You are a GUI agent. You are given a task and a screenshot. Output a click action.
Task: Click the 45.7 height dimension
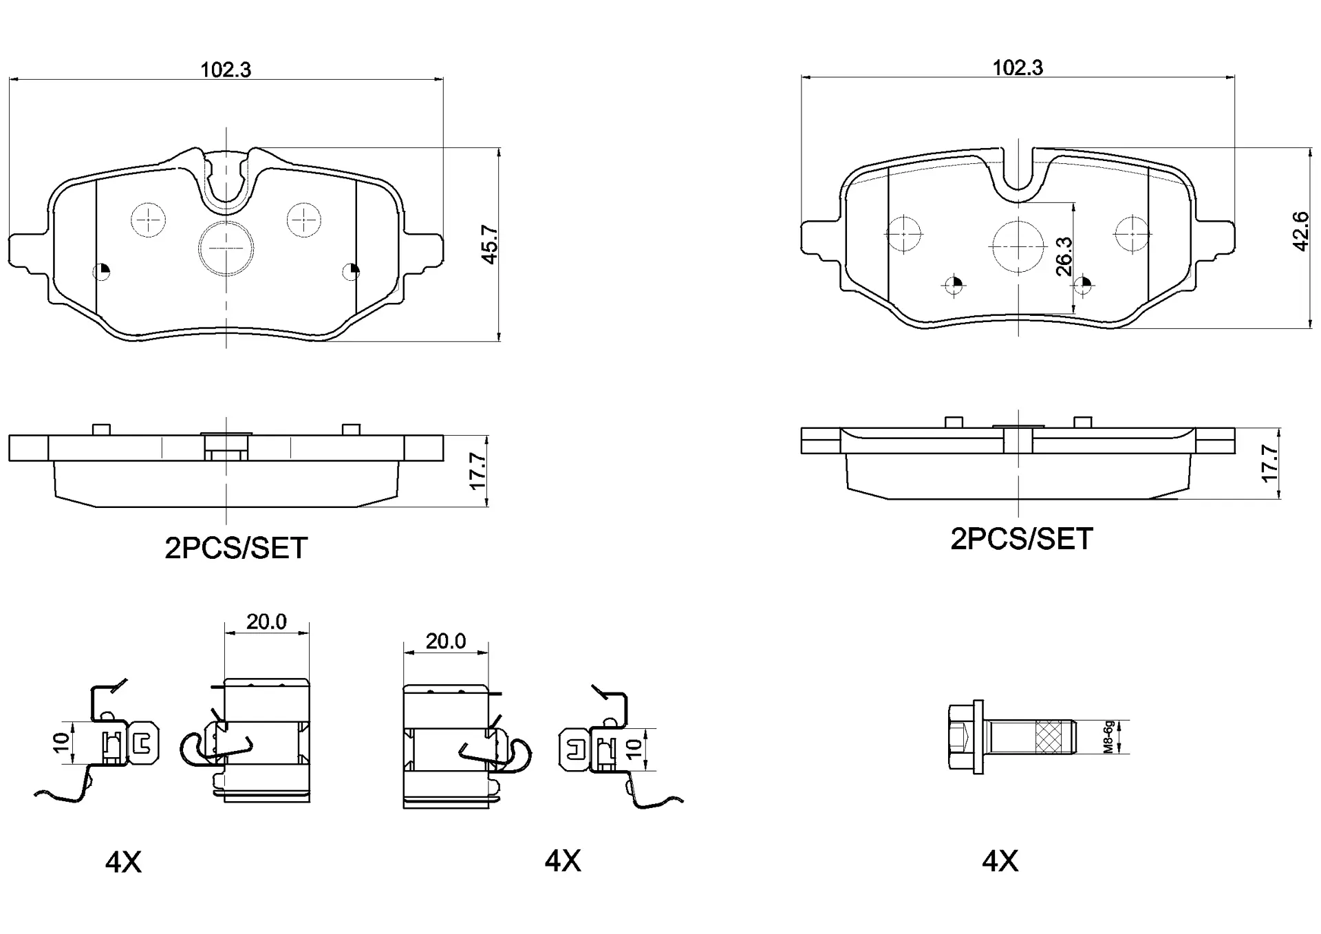point(489,244)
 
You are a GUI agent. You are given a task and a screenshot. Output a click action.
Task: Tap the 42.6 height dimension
point(1300,232)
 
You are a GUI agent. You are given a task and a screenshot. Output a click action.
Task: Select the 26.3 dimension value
point(1064,257)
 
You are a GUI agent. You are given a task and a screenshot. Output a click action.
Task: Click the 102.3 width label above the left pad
point(226,70)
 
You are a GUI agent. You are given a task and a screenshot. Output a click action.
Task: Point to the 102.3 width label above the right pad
point(1017,67)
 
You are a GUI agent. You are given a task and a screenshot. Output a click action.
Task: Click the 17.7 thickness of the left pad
point(477,471)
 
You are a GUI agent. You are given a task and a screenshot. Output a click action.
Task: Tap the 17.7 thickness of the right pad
point(1269,464)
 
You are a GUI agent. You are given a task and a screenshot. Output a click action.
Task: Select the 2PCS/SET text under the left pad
point(235,549)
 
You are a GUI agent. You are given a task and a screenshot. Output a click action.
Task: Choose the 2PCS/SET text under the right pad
point(1021,540)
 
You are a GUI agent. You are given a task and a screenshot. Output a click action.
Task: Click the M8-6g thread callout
point(1108,737)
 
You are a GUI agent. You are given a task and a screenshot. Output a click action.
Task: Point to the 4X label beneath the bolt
point(1000,861)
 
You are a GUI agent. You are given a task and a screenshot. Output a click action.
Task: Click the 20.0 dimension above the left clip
point(266,622)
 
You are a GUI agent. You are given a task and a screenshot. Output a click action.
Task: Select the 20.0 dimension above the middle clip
point(445,641)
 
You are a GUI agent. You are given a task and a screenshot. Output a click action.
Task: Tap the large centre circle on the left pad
point(226,248)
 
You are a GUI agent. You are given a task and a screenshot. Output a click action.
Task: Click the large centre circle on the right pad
point(1018,246)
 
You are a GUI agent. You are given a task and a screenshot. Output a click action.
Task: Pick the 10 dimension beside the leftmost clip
point(62,742)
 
